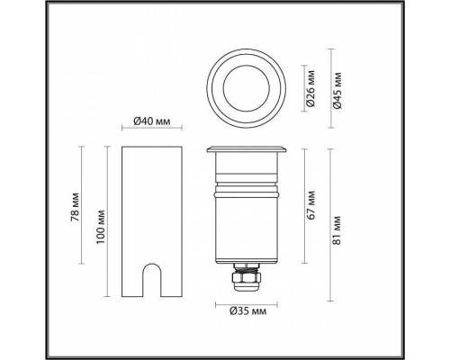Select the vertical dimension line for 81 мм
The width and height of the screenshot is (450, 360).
coord(329,221)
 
